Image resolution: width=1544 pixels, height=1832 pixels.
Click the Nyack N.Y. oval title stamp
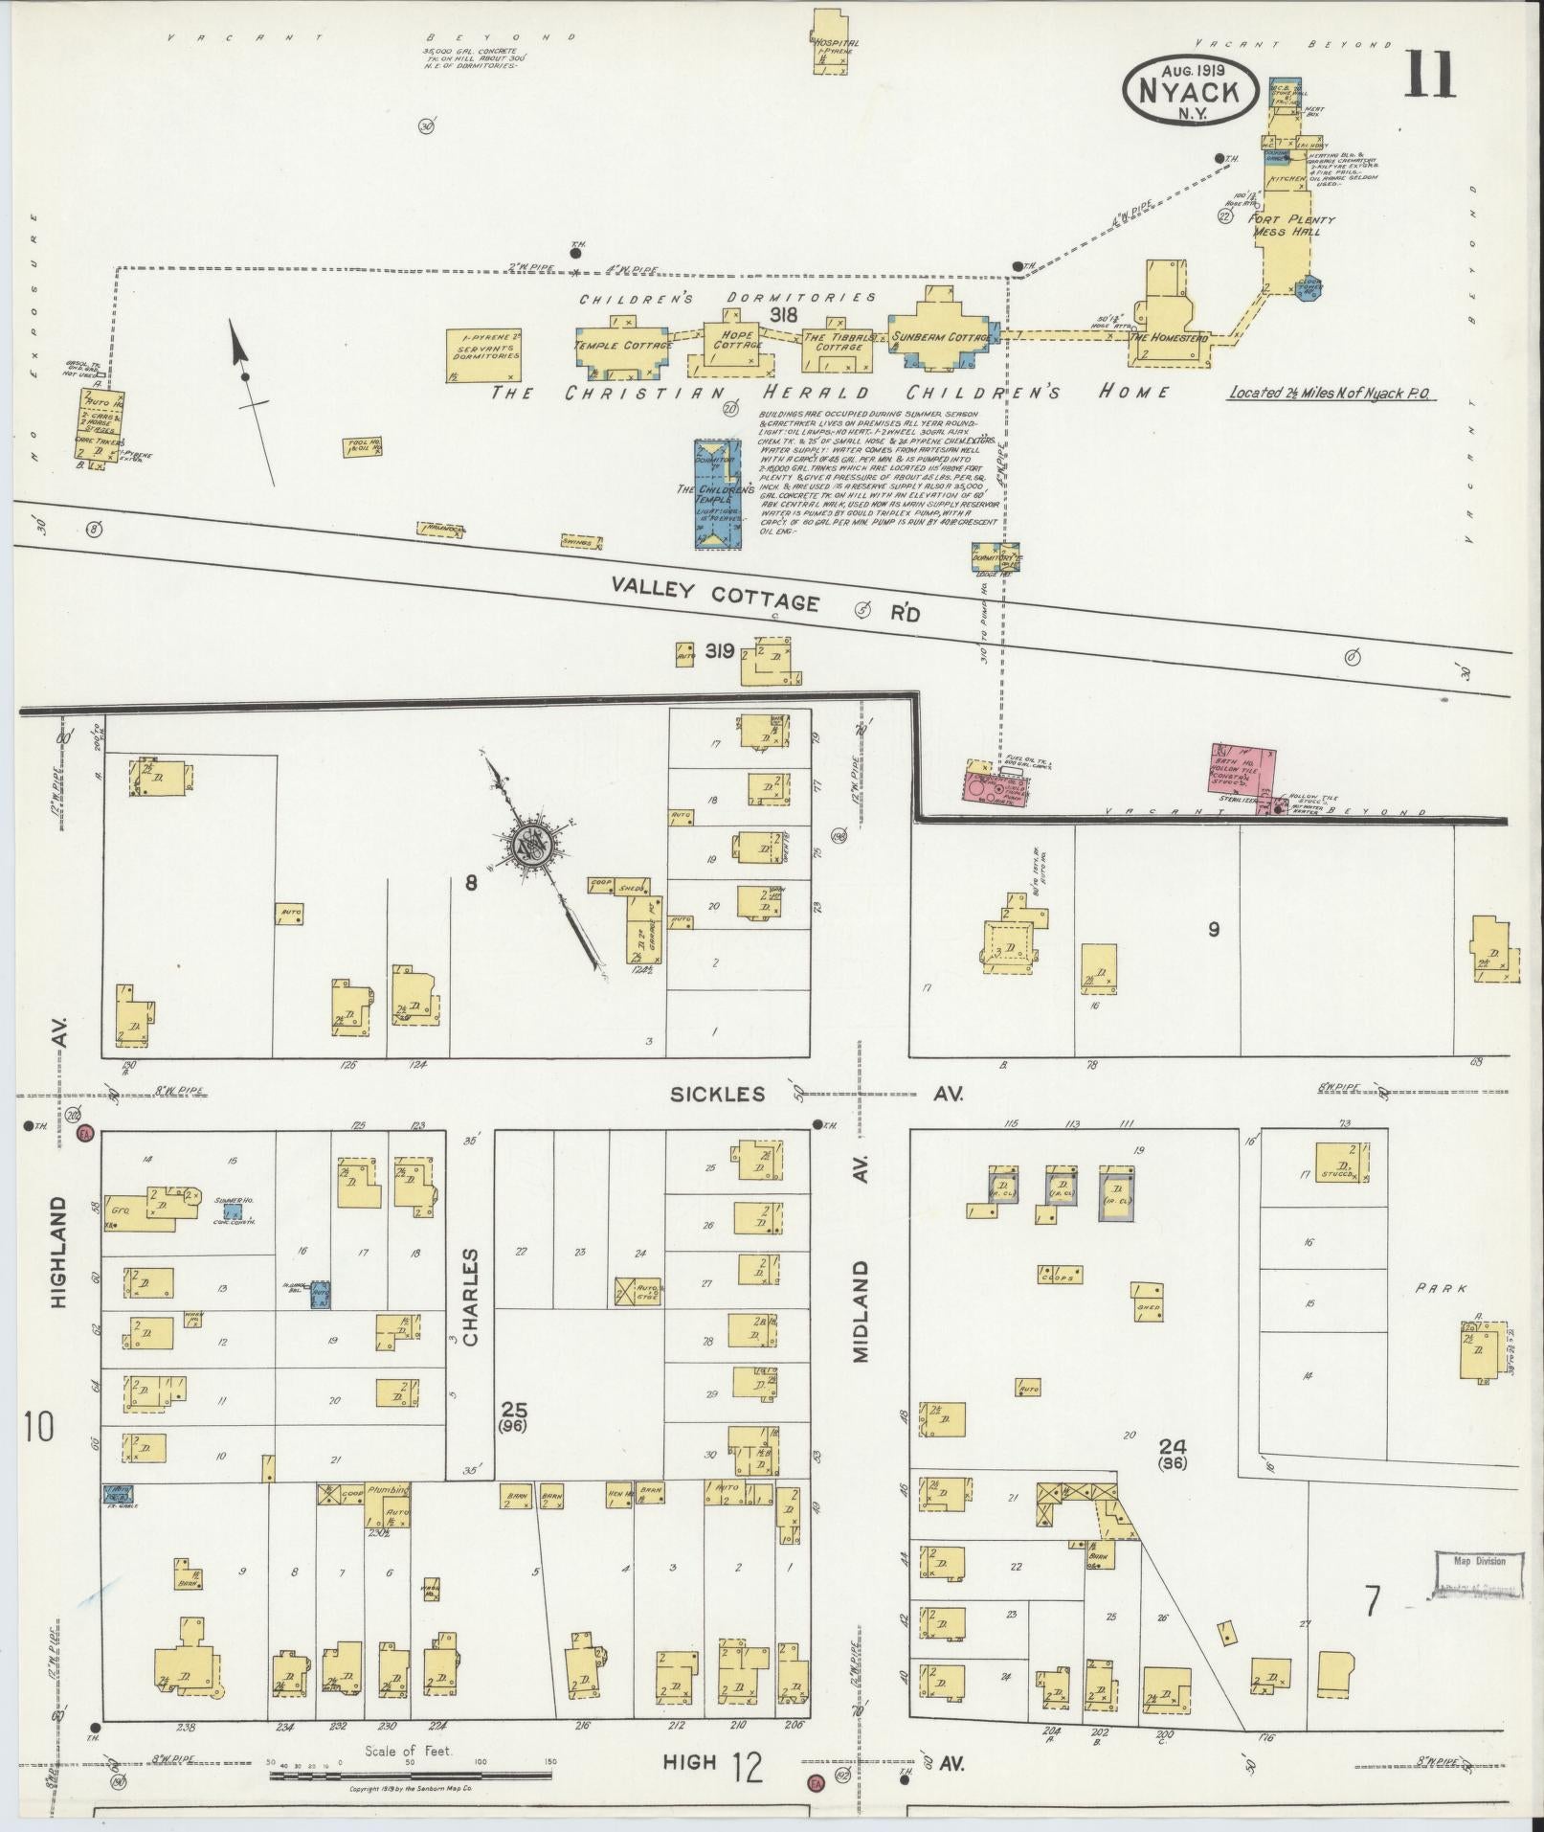[x=1190, y=89]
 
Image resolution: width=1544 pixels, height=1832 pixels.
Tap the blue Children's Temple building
[x=717, y=493]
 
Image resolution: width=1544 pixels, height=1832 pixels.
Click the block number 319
[x=719, y=651]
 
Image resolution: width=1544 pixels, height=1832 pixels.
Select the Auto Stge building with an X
[x=638, y=1292]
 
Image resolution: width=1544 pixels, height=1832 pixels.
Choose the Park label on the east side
[x=1441, y=1289]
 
